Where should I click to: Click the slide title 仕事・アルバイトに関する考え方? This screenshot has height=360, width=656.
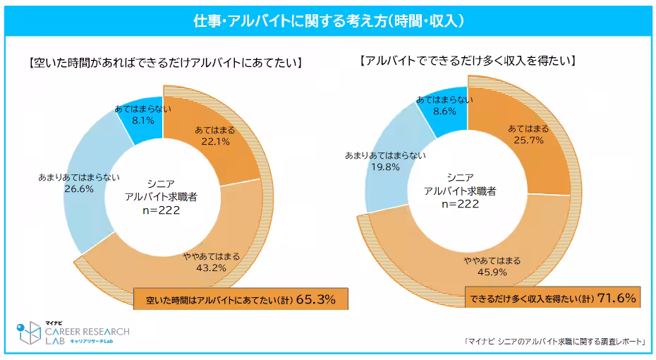[x=328, y=21]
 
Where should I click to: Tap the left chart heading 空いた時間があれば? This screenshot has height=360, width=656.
[x=166, y=63]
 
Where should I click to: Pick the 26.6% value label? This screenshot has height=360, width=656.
[x=79, y=188]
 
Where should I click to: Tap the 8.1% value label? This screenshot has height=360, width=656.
[x=140, y=120]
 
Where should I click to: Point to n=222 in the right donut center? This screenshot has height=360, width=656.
[x=461, y=203]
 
